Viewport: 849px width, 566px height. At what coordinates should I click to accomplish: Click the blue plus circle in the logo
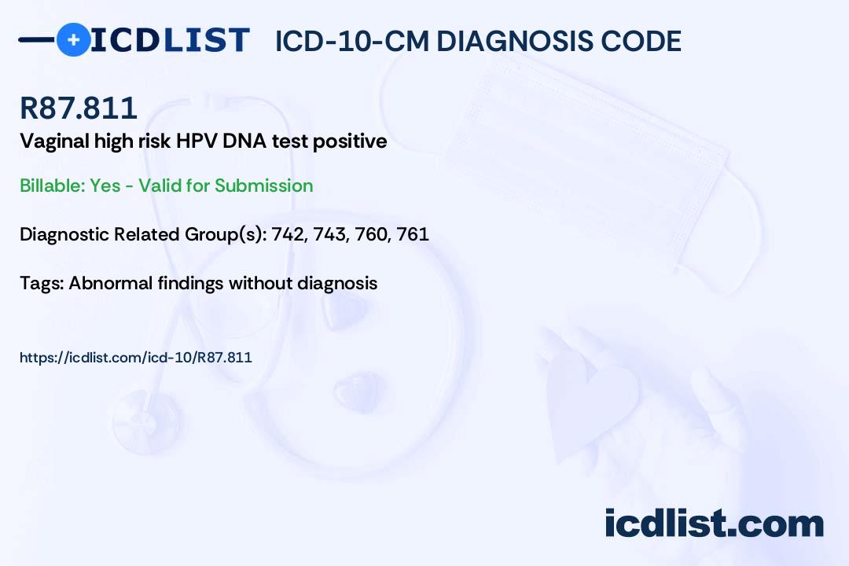pos(73,39)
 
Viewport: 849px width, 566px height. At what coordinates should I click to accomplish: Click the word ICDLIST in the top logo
pos(170,39)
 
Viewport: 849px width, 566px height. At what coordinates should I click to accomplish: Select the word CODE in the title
pos(634,42)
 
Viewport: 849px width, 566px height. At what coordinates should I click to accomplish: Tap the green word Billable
pos(53,186)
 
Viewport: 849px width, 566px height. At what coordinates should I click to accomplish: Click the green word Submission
pos(263,186)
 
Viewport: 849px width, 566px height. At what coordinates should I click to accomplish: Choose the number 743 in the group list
pos(331,234)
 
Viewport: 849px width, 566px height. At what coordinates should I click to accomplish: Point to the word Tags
pos(42,284)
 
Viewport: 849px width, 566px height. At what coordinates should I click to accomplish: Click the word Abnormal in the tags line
pos(111,283)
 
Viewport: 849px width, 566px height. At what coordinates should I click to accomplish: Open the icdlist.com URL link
pos(136,358)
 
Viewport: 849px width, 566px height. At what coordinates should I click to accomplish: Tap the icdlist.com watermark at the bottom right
pos(714,524)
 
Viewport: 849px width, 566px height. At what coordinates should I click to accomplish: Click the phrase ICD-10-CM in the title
pos(352,42)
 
